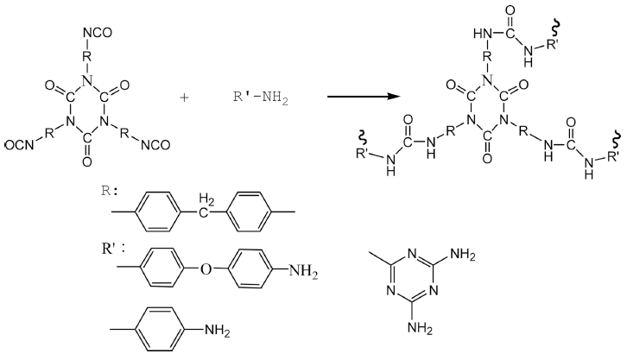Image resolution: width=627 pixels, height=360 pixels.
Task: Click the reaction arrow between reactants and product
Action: point(364,97)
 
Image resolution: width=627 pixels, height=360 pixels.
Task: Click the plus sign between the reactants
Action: point(184,98)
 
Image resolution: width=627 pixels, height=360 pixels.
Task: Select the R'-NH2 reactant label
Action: point(260,98)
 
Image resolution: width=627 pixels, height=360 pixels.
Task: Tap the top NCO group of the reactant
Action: point(98,33)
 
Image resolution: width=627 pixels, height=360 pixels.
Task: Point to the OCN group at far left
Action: point(20,146)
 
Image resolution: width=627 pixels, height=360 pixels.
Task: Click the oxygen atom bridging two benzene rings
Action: point(206,269)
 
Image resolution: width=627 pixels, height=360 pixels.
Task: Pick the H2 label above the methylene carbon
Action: point(206,199)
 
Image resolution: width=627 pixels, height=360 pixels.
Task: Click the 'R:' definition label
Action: point(109,191)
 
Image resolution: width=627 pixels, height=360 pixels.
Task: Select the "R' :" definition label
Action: point(113,249)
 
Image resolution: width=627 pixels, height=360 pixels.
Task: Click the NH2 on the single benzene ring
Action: point(217,331)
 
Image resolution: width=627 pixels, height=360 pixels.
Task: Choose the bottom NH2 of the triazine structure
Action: point(420,328)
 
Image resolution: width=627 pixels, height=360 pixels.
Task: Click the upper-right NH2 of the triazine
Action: point(463,254)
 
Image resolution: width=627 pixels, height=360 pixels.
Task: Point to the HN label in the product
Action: point(482,34)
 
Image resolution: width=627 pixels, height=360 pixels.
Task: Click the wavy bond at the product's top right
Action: point(555,28)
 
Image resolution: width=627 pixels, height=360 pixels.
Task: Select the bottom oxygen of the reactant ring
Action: point(86,161)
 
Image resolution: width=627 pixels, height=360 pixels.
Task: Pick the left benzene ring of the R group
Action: point(156,212)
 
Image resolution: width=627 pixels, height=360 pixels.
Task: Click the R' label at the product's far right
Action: point(613,155)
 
